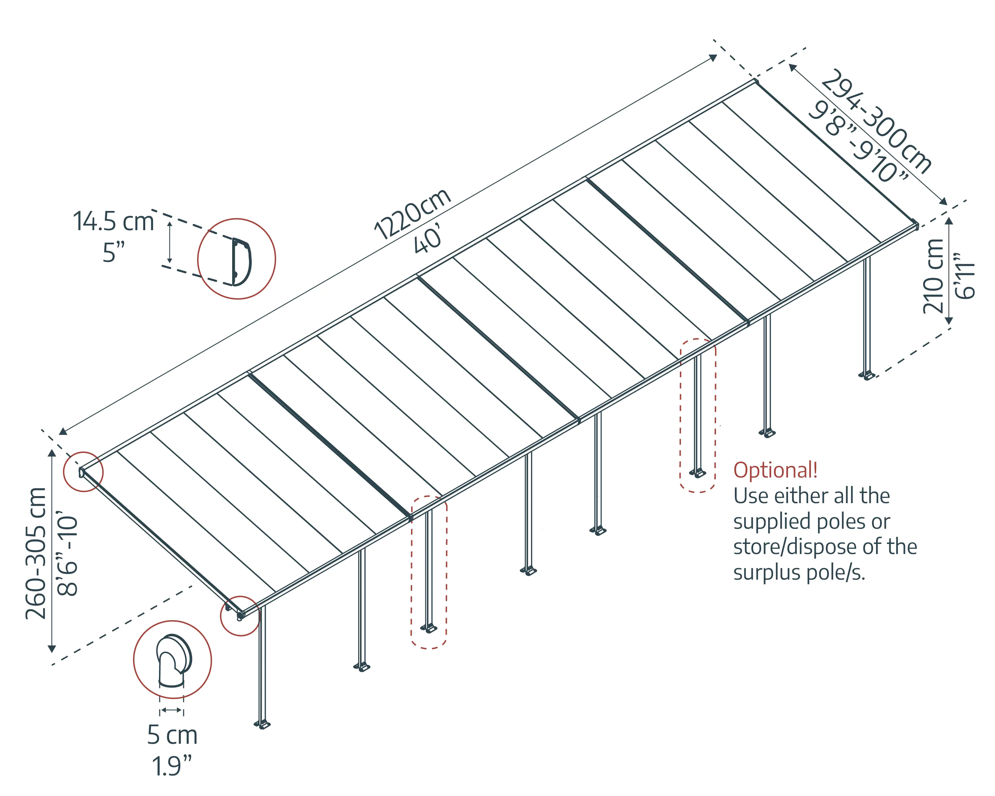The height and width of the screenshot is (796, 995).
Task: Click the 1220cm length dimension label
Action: point(412,215)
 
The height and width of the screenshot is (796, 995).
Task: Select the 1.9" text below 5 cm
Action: point(172,766)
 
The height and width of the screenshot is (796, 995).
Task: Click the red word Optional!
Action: point(775,470)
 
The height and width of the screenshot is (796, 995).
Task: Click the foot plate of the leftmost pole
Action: point(262,725)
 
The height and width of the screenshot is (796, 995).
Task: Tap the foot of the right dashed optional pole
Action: point(698,473)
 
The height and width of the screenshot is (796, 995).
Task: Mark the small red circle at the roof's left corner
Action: point(83,471)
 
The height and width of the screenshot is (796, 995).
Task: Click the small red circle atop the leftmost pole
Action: point(240,616)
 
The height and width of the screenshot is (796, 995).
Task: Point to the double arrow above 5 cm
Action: point(172,710)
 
